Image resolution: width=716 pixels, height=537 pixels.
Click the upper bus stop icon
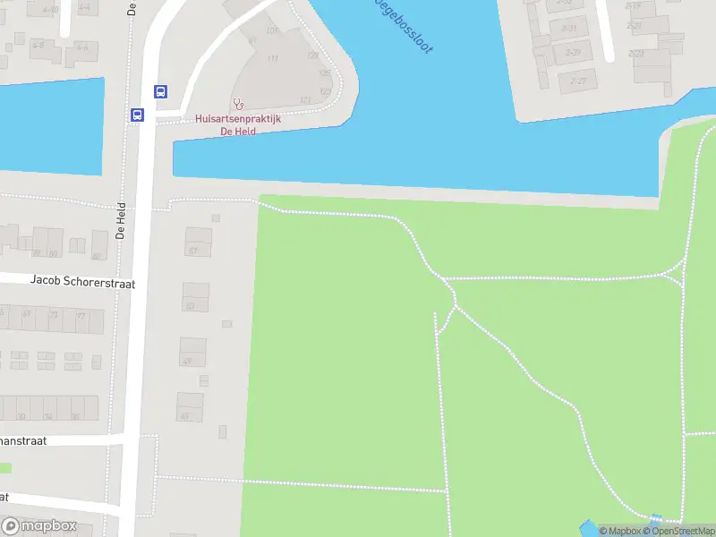pyautogui.click(x=160, y=91)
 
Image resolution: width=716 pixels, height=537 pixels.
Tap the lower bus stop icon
pyautogui.click(x=138, y=115)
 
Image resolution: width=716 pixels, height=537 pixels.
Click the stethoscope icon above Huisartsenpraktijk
pyautogui.click(x=238, y=104)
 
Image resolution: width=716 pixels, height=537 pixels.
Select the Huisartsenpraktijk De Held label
pyautogui.click(x=238, y=124)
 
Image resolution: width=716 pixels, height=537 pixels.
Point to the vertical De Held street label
pyautogui.click(x=121, y=219)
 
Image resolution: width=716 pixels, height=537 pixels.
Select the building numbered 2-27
pyautogui.click(x=578, y=81)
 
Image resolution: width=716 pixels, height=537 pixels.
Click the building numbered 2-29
pyautogui.click(x=573, y=54)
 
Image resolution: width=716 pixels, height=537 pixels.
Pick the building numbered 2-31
pyautogui.click(x=568, y=29)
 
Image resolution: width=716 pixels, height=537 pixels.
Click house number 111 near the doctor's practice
pyautogui.click(x=273, y=59)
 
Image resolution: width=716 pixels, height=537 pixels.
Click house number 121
pyautogui.click(x=305, y=100)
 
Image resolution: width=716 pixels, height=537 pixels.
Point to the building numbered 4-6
pyautogui.click(x=81, y=47)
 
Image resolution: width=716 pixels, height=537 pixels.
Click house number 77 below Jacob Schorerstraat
pyautogui.click(x=81, y=316)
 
